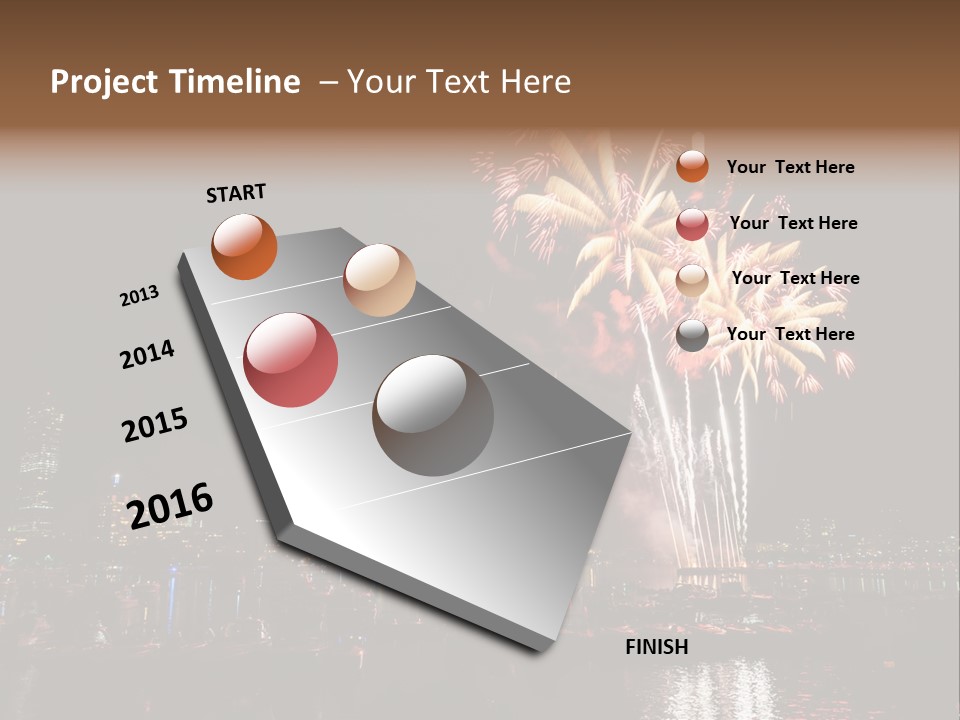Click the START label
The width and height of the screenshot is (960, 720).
236,192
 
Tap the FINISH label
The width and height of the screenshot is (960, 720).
656,647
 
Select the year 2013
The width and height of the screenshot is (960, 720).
140,296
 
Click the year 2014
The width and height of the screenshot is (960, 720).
148,354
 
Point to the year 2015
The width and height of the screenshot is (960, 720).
155,425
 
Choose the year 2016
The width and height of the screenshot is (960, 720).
170,505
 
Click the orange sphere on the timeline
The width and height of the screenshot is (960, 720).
244,246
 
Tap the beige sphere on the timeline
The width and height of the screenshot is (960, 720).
379,280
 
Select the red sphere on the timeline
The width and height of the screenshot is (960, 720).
291,360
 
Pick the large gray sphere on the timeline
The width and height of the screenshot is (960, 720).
433,415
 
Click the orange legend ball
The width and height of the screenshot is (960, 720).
692,166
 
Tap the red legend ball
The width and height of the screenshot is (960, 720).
692,223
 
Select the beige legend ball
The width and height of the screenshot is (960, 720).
692,280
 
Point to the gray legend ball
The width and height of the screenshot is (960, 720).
692,335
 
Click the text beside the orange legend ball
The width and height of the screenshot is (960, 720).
790,167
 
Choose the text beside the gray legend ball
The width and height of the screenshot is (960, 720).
790,334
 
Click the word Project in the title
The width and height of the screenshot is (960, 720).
104,82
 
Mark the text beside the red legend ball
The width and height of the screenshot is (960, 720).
793,223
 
